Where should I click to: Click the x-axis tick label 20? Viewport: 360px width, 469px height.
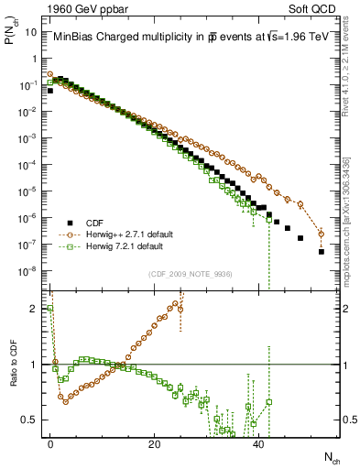tap(155, 443)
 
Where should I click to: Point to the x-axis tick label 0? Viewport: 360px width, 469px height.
tap(50, 443)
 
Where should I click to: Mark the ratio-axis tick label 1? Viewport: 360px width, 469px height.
tap(37, 365)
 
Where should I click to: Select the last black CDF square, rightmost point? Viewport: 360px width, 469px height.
tap(322, 252)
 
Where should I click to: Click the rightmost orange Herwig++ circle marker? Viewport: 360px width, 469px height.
tap(322, 234)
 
